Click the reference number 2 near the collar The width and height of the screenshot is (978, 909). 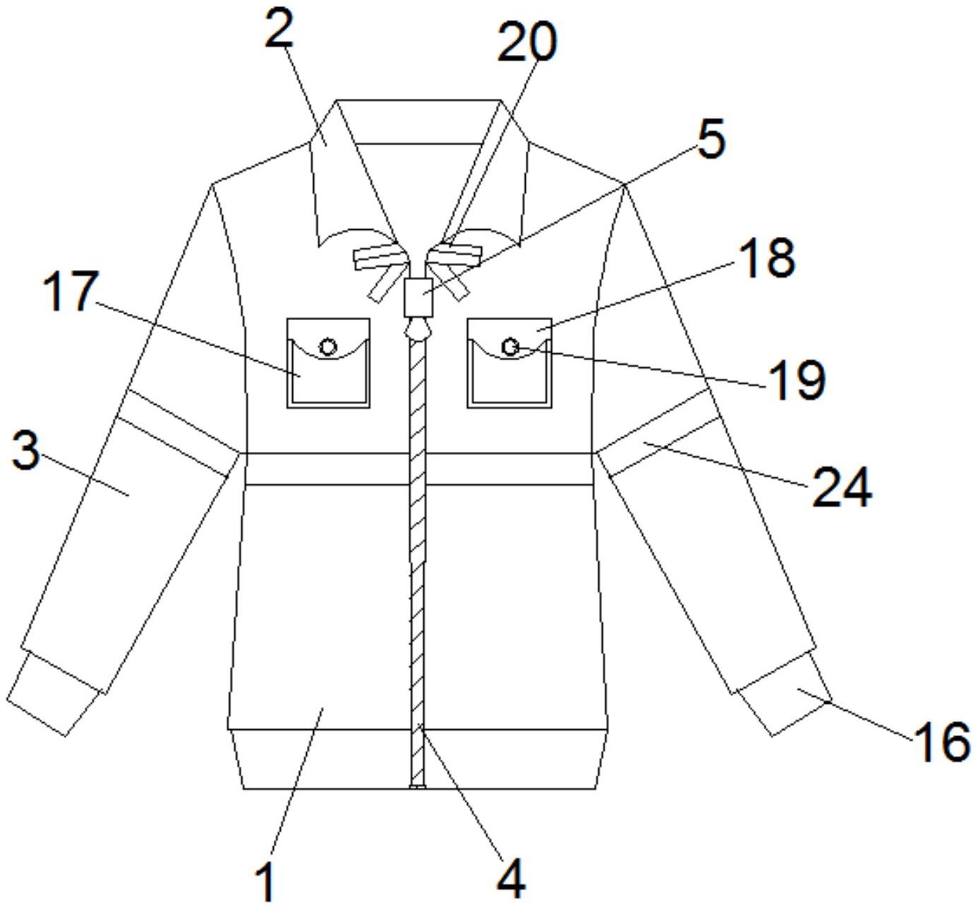click(279, 30)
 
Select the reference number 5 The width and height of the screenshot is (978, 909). click(711, 139)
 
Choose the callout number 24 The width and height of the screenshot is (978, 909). click(842, 487)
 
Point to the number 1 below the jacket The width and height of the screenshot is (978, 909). click(265, 881)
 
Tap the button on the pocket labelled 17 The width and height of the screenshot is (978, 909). click(328, 346)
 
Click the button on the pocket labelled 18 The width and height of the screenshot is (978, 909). click(510, 346)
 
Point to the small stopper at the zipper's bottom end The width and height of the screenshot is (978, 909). click(418, 786)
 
